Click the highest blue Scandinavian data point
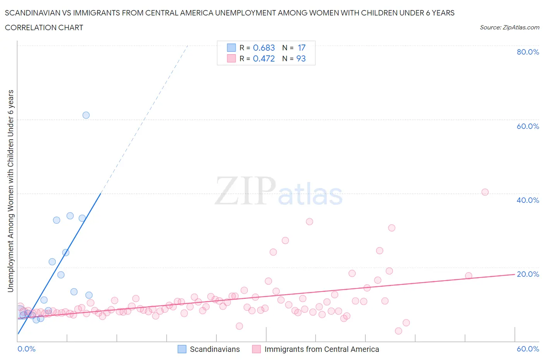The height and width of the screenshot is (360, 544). pos(86,115)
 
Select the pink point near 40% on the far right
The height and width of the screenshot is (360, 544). pos(485,192)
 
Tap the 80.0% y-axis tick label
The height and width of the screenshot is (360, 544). pos(528,52)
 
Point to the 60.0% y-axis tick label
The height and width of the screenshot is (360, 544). pos(528,126)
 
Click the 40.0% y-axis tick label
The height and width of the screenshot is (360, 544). pos(528,200)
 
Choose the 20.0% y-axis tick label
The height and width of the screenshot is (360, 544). pos(528,274)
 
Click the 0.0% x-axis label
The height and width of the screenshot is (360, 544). pos(26,349)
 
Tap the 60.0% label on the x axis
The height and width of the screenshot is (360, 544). pos(528,349)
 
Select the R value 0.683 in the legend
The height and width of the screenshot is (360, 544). pos(264,48)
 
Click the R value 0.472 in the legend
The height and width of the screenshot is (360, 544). pos(264,58)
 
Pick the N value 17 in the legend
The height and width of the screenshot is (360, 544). pos(302,48)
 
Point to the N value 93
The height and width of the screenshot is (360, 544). pos(301,58)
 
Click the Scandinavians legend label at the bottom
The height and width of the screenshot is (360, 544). pos(215,349)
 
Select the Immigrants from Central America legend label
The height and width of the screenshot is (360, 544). pos(322,349)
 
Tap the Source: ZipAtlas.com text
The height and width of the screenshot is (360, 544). pos(510,27)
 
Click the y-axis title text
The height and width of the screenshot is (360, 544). pos(10,191)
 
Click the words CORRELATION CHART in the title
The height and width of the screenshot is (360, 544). pos(44,27)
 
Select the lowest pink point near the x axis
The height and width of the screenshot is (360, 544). pos(398,331)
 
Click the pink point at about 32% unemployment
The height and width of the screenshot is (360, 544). pos(309,222)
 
